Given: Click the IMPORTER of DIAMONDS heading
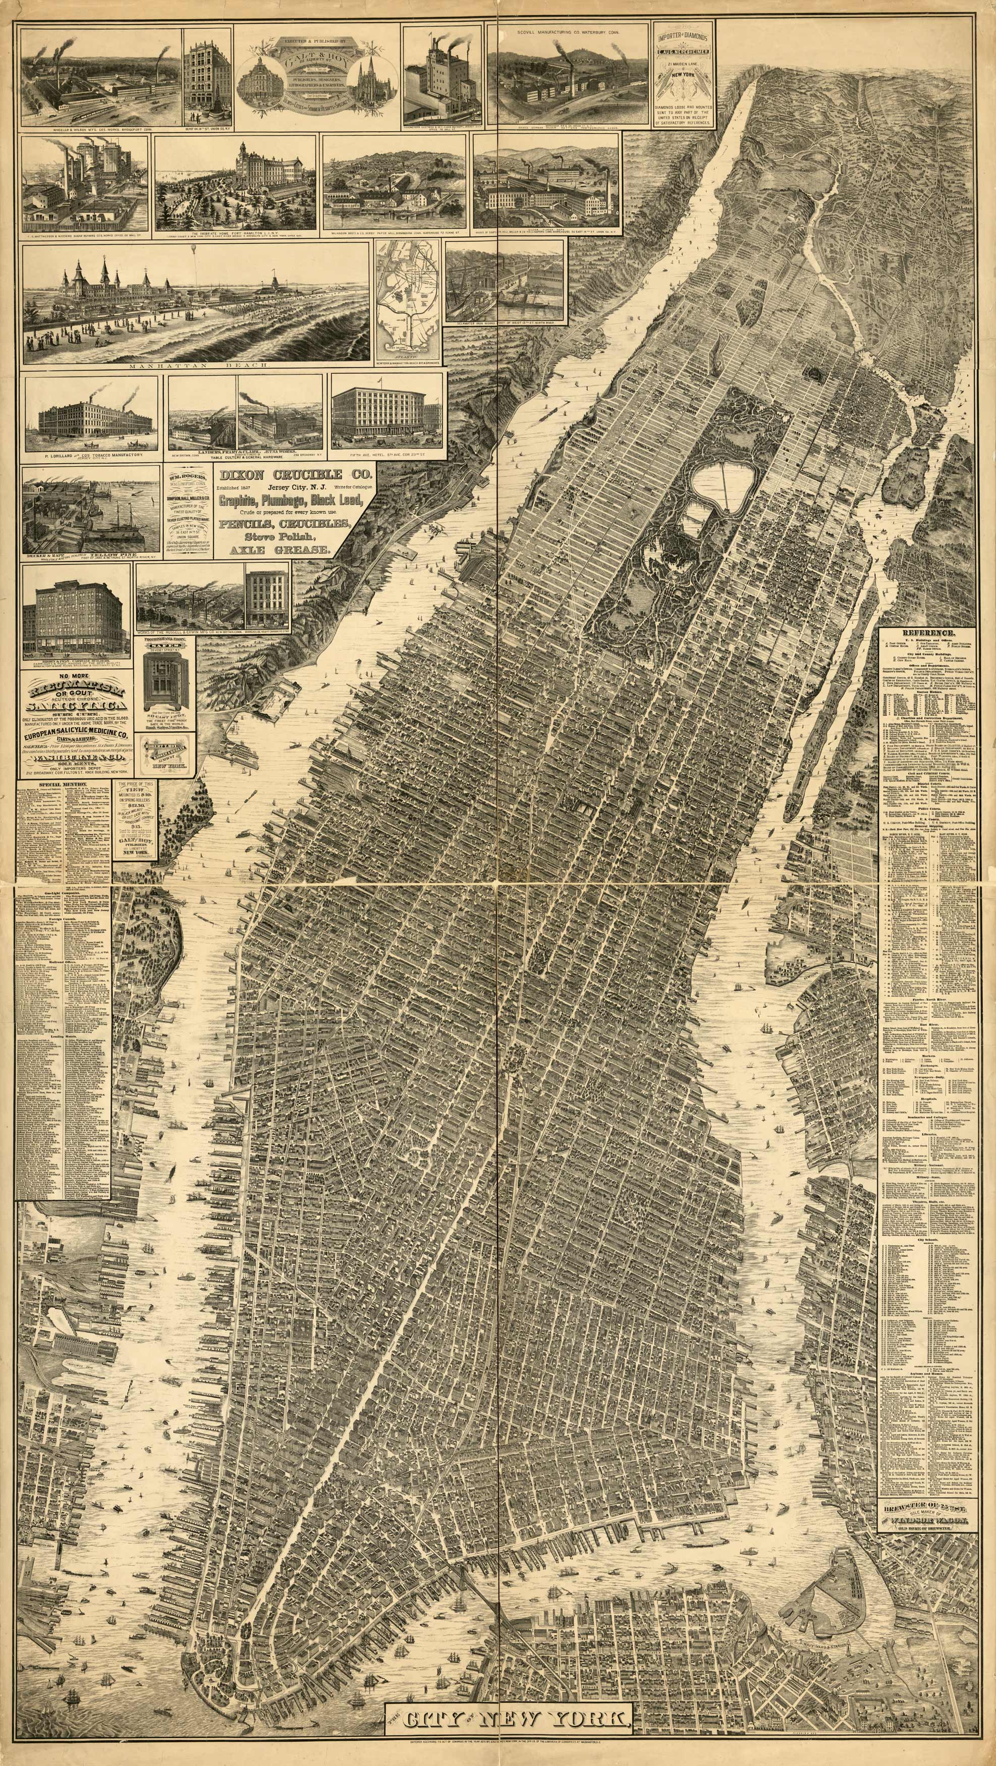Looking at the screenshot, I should [x=682, y=38].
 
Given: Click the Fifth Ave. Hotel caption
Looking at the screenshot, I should [x=388, y=451].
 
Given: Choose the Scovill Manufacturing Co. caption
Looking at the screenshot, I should [x=572, y=31].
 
